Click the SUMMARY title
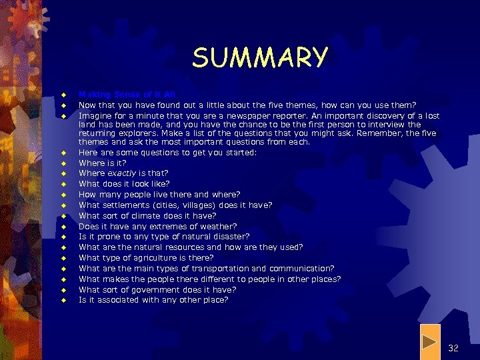point(260,57)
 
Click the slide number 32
point(453,348)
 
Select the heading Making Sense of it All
point(127,95)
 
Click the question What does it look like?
point(124,184)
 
